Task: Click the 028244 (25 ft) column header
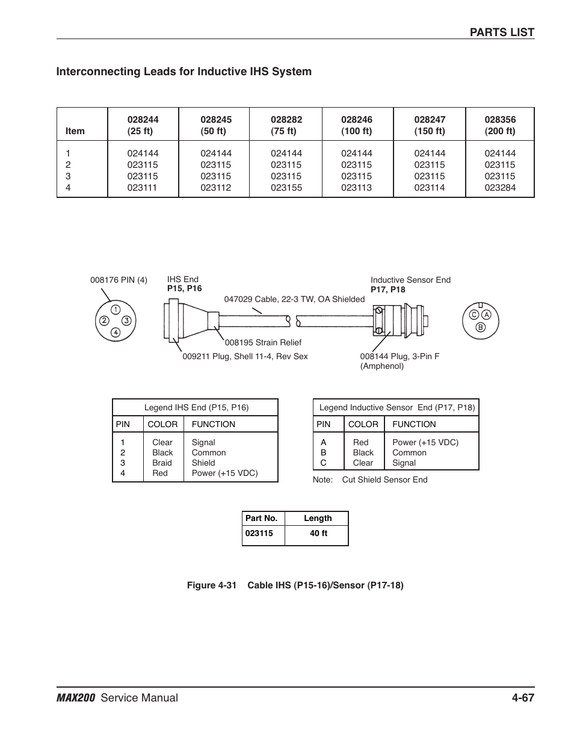(143, 125)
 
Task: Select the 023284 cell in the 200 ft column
(500, 188)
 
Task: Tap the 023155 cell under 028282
(286, 188)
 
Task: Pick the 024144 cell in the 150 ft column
(430, 153)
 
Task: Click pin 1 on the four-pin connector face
(115, 310)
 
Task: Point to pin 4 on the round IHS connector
(115, 332)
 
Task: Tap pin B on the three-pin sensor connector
(480, 327)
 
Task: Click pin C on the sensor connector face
(474, 315)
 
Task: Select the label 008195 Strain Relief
(263, 342)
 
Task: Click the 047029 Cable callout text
(294, 299)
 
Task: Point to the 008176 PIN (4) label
(119, 280)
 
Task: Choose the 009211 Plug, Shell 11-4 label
(245, 356)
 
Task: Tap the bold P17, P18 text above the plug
(388, 289)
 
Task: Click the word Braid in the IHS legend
(162, 463)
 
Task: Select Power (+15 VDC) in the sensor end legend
(425, 442)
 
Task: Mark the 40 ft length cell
(318, 533)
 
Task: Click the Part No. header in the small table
(262, 518)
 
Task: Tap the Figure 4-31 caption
(295, 585)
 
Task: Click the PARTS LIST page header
(502, 32)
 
